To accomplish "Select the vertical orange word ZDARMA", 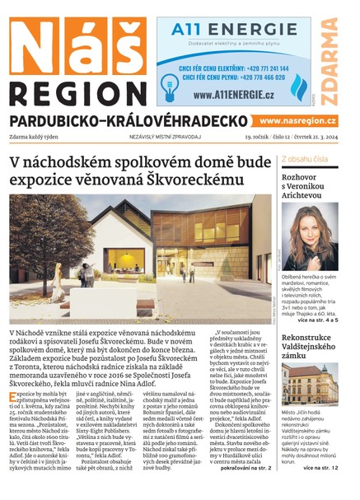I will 330,62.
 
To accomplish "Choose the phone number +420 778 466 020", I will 255,78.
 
